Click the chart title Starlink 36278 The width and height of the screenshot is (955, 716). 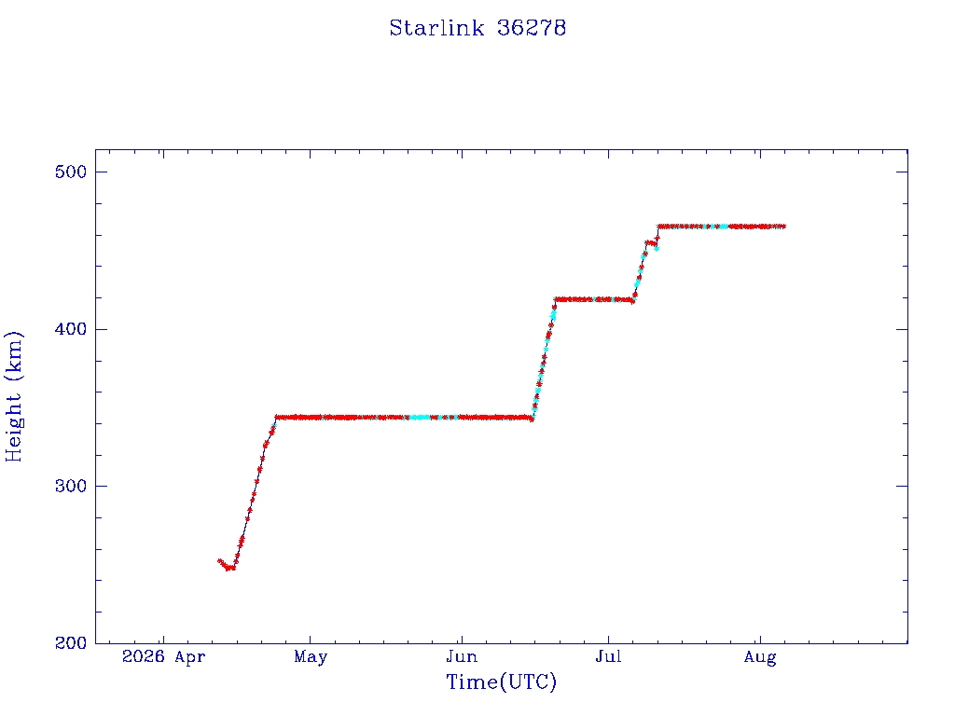[x=477, y=28]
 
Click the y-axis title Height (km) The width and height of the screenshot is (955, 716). [x=13, y=396]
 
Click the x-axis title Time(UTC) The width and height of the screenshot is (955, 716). [x=501, y=682]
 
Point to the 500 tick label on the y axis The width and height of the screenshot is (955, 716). [x=71, y=172]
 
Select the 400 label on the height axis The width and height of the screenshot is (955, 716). [x=71, y=329]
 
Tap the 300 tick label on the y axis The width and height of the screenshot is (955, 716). [x=71, y=486]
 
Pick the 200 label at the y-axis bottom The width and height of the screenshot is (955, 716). [x=71, y=643]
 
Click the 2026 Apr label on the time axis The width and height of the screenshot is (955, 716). [x=164, y=657]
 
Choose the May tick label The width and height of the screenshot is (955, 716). [x=311, y=657]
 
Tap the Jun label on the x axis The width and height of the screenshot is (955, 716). [x=462, y=657]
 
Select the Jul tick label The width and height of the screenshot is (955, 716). [x=608, y=657]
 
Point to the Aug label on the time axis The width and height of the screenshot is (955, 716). [x=760, y=657]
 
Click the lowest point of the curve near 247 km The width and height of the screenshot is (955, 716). [x=228, y=568]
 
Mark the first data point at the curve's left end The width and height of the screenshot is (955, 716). [x=219, y=561]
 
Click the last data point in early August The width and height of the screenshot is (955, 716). [x=783, y=227]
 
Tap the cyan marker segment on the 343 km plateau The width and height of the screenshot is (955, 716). [x=421, y=418]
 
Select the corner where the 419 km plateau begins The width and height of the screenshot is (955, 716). [x=555, y=299]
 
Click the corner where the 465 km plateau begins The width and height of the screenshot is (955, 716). [x=658, y=227]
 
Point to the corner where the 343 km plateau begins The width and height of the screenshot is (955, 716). [x=276, y=418]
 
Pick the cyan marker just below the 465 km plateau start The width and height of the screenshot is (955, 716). [x=656, y=248]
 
